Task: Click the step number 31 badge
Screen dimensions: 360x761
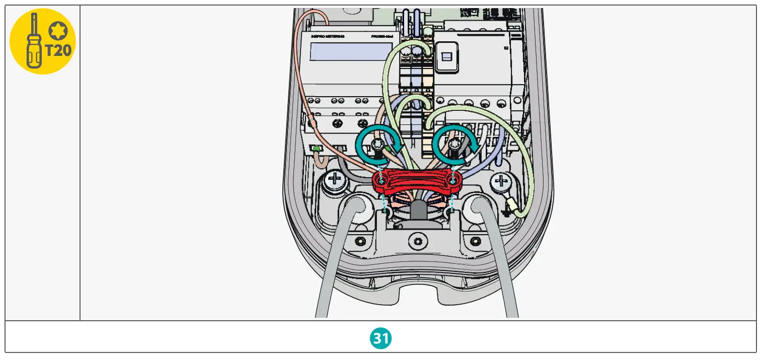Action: coord(381,338)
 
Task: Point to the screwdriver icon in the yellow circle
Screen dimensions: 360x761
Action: coord(34,41)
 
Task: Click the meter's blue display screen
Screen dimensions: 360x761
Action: coord(351,51)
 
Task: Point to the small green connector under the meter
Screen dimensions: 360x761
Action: coord(317,149)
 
